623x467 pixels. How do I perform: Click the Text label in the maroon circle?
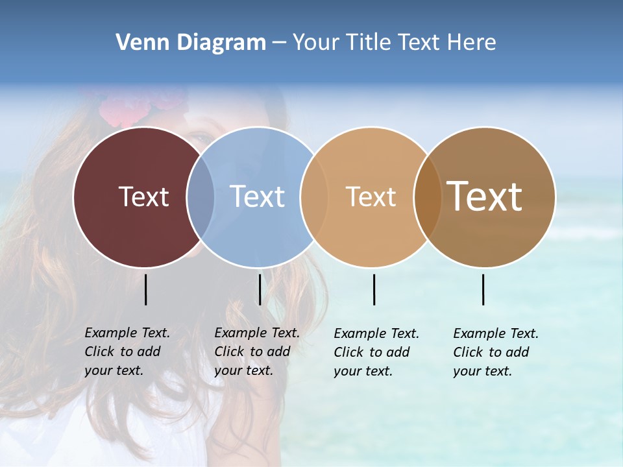pyautogui.click(x=143, y=197)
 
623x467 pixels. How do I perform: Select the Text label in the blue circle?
pyautogui.click(x=257, y=197)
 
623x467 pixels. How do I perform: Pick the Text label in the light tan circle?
pyautogui.click(x=371, y=197)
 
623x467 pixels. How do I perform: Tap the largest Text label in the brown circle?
pyautogui.click(x=485, y=197)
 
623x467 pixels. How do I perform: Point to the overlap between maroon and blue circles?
pyautogui.click(x=201, y=197)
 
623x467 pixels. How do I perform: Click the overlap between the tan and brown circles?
pyautogui.click(x=428, y=197)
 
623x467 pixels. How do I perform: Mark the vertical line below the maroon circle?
pyautogui.click(x=146, y=289)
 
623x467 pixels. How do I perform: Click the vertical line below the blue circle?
pyautogui.click(x=260, y=289)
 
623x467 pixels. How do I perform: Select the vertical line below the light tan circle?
pyautogui.click(x=374, y=289)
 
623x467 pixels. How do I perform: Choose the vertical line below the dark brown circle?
pyautogui.click(x=483, y=289)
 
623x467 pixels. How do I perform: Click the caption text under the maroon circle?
pyautogui.click(x=127, y=352)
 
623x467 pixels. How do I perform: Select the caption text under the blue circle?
pyautogui.click(x=257, y=352)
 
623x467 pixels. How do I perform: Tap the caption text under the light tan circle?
pyautogui.click(x=376, y=352)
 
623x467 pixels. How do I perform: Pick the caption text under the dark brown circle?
pyautogui.click(x=496, y=352)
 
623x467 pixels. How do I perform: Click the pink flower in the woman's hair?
pyautogui.click(x=133, y=107)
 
